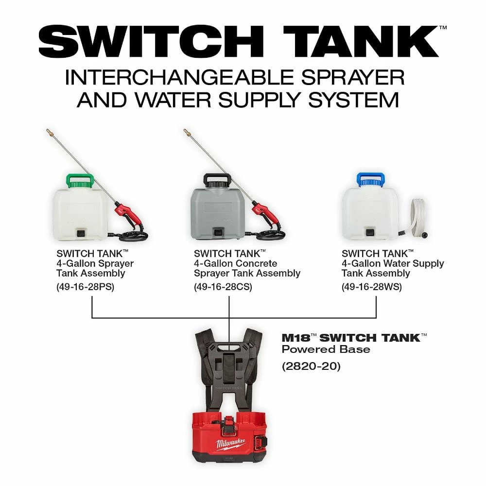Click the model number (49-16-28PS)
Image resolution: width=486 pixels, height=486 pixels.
tap(86, 287)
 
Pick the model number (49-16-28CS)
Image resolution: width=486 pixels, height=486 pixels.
tap(223, 287)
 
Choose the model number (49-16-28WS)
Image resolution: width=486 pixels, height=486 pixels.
tap(372, 287)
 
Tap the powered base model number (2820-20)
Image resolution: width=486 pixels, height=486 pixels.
tap(312, 365)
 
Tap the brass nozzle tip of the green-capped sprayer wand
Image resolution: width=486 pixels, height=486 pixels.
tap(49, 131)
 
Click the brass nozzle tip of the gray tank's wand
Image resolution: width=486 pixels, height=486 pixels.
tap(186, 131)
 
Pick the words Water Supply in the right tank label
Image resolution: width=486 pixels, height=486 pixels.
tap(414, 263)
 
